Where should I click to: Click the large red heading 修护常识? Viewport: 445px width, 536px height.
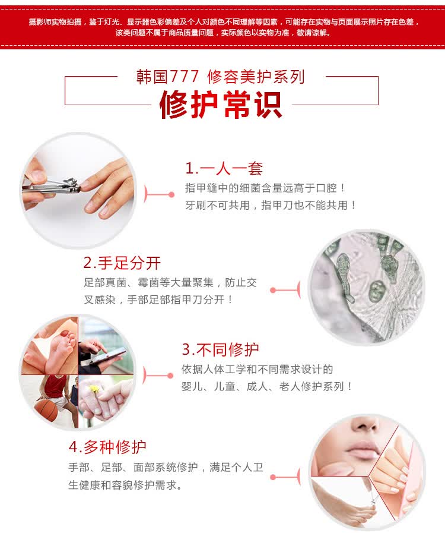[221, 105]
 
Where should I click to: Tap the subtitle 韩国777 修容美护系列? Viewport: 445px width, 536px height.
[220, 77]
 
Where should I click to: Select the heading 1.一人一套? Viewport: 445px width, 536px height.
[224, 168]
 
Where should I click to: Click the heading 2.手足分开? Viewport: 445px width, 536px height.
[122, 263]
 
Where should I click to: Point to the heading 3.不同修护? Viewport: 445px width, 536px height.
[220, 349]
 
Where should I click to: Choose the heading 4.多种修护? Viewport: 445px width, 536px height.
[107, 447]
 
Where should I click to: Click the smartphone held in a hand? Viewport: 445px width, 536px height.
[106, 357]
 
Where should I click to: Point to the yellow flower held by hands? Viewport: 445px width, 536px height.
[94, 389]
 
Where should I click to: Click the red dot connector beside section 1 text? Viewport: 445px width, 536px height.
[171, 194]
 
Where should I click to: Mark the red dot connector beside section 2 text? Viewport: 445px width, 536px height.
[273, 290]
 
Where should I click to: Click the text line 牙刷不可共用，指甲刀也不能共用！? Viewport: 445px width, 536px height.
[271, 205]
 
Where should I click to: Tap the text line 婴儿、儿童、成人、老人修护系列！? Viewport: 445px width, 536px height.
[267, 386]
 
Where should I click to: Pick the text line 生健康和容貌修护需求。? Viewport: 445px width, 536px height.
[126, 485]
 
